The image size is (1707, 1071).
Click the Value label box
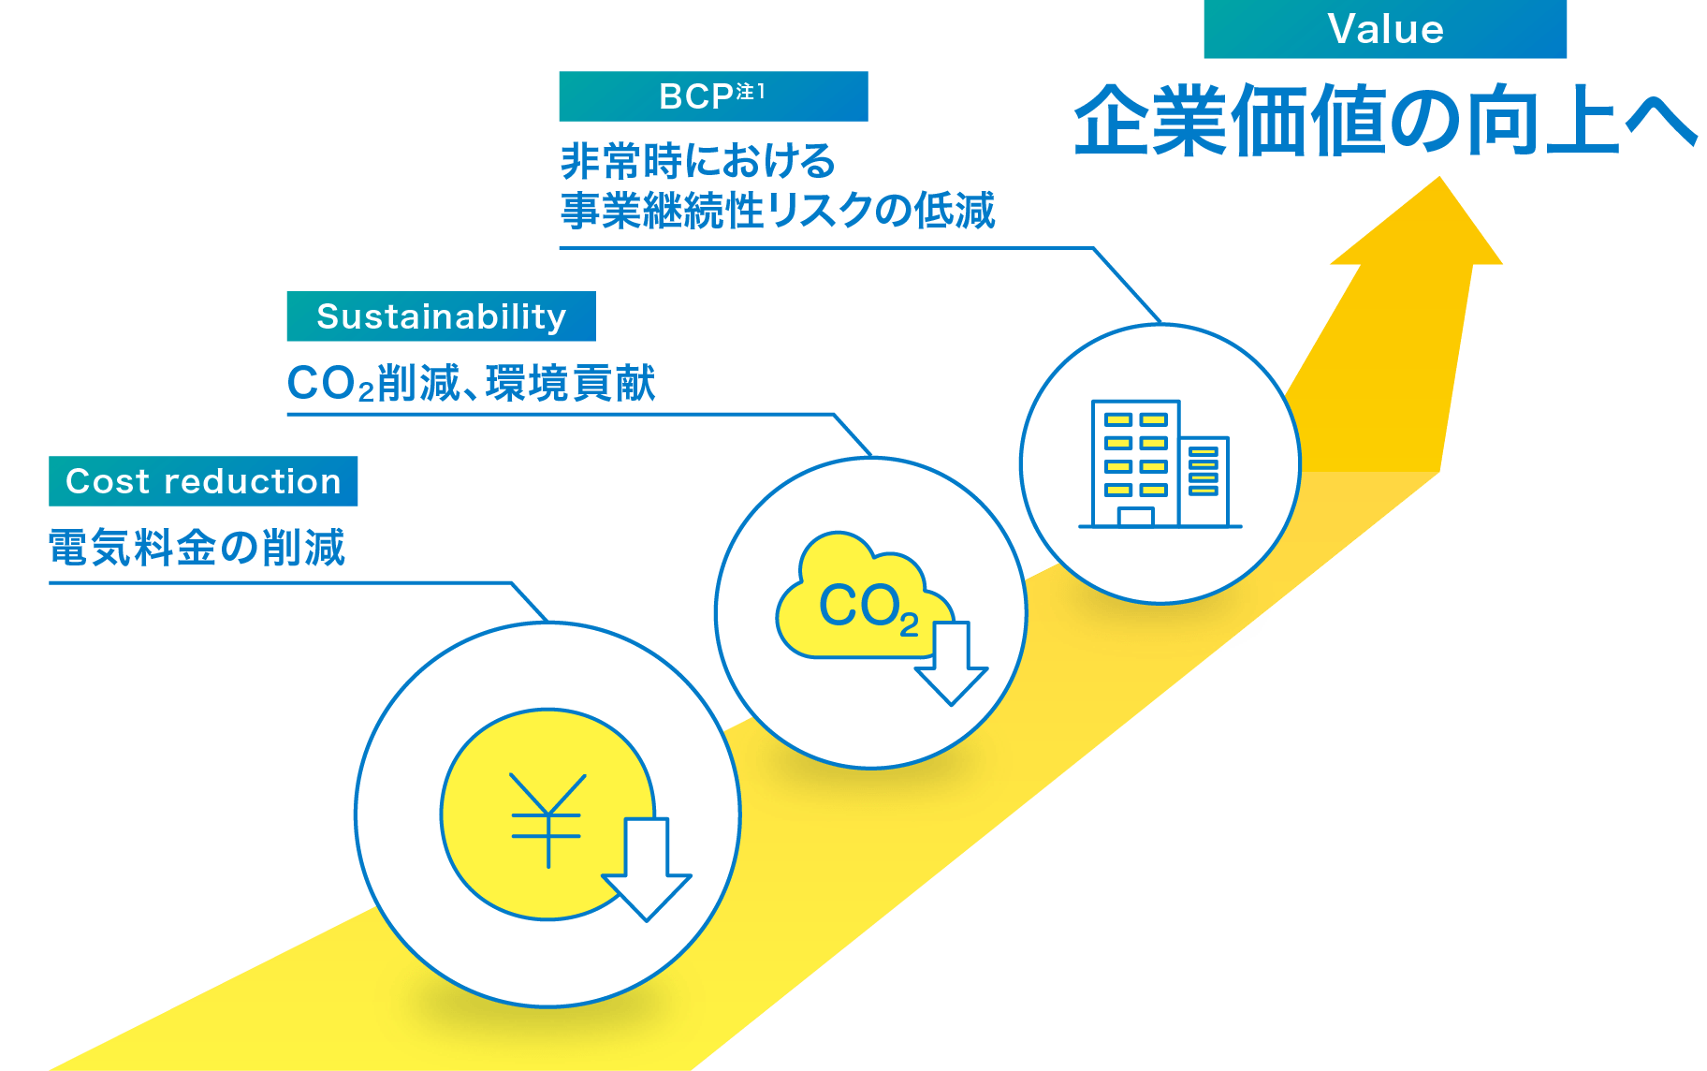(x=1384, y=29)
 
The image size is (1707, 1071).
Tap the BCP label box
(x=712, y=96)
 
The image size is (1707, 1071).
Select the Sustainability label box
(x=441, y=316)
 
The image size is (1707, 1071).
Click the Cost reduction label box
(x=203, y=481)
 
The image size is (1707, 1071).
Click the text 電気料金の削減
(x=197, y=548)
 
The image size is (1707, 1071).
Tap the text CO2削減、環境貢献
(x=471, y=384)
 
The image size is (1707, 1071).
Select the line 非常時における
(x=697, y=161)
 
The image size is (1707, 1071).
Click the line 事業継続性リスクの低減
(x=777, y=210)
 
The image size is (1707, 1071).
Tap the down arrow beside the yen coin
(x=646, y=871)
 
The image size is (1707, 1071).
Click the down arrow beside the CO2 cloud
(x=951, y=665)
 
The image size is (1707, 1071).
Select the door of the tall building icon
(x=1135, y=517)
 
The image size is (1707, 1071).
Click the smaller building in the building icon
(x=1204, y=479)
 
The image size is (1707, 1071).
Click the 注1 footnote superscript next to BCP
(x=751, y=91)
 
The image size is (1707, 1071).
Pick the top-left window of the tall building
(x=1118, y=419)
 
